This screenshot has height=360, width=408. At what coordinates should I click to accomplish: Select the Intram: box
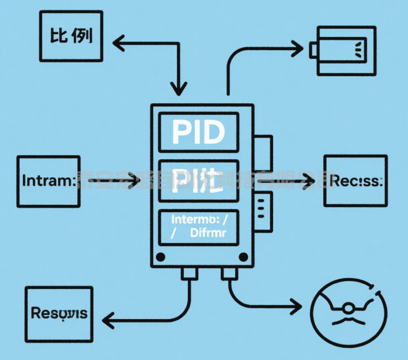coord(48,182)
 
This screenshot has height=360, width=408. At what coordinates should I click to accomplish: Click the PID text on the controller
coord(198,133)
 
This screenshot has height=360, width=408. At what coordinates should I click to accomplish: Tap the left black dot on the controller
coord(161,257)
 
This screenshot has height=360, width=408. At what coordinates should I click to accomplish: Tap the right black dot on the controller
coord(241,257)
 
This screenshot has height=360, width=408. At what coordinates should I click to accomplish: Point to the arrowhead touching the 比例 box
coord(119,42)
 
